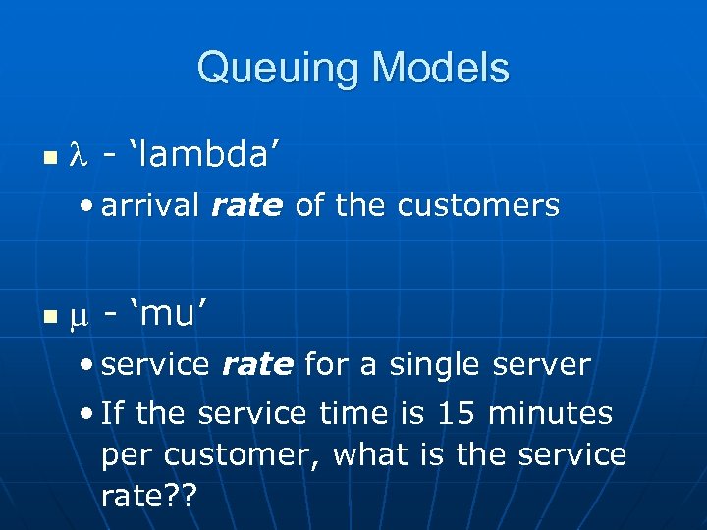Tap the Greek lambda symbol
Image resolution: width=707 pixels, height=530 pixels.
pos(78,155)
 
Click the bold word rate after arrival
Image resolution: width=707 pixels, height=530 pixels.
pos(246,206)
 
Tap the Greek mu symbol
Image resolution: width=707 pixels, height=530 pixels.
pos(78,316)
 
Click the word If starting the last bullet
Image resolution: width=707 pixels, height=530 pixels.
pos(113,413)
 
